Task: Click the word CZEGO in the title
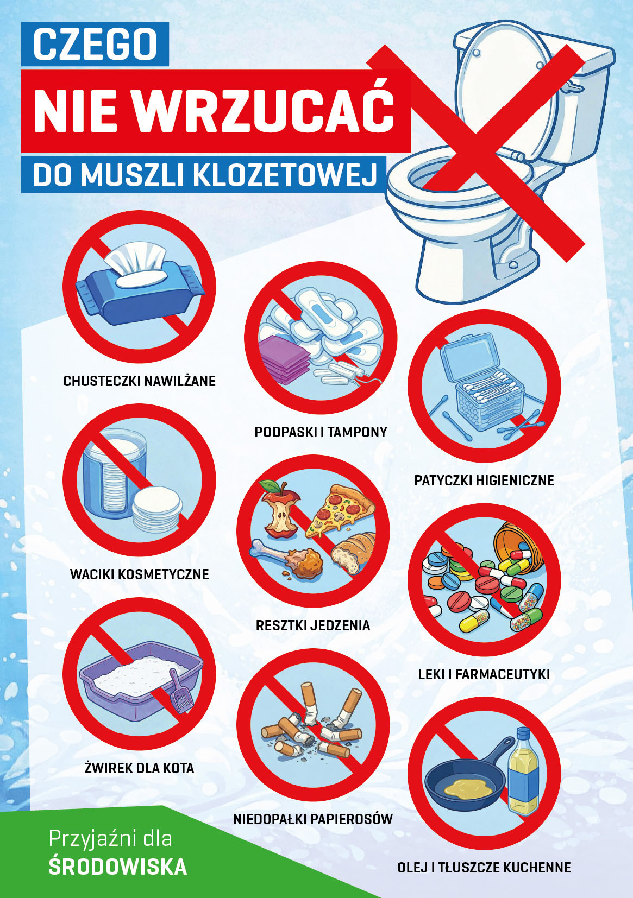(x=95, y=44)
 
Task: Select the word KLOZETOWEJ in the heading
(x=285, y=174)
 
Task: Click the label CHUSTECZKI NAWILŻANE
(x=139, y=381)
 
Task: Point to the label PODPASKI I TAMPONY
(x=321, y=432)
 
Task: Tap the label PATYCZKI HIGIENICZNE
(x=484, y=480)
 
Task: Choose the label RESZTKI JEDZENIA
(x=313, y=625)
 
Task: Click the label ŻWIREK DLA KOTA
(x=139, y=768)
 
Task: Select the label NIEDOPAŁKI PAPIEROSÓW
(x=313, y=819)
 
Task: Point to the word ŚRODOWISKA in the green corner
(x=118, y=867)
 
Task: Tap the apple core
(x=280, y=509)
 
